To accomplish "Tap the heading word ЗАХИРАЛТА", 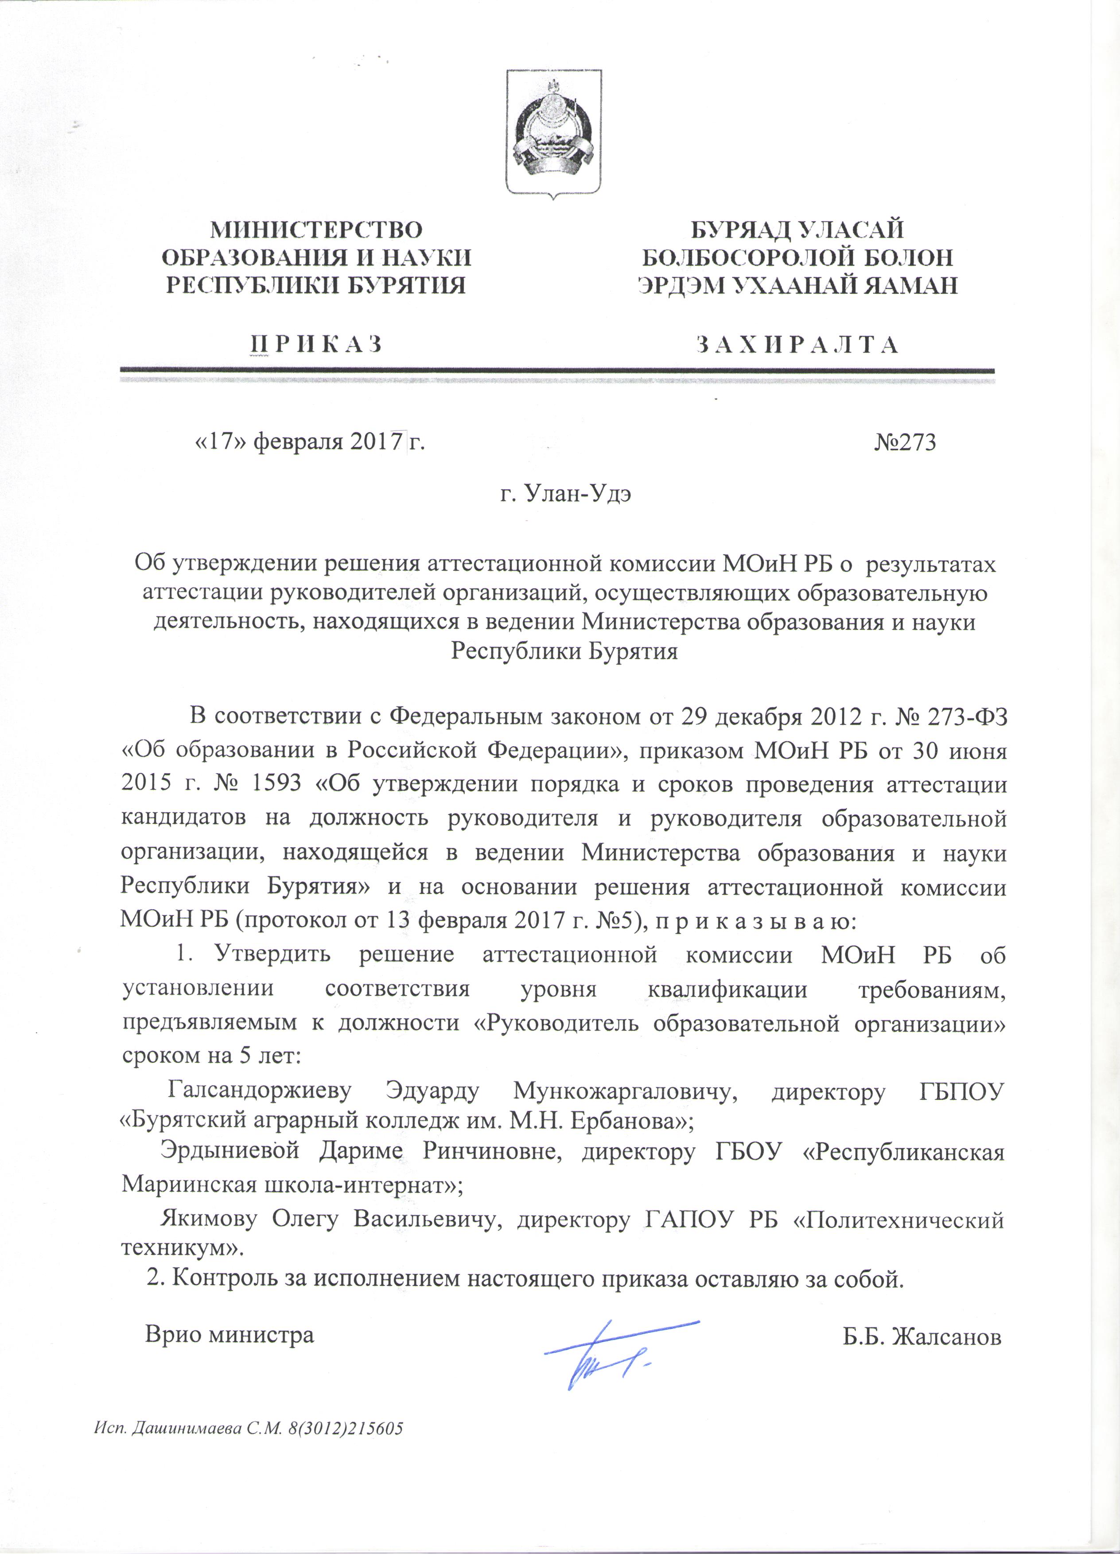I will pyautogui.click(x=797, y=344).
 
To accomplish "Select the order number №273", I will pyautogui.click(x=904, y=443).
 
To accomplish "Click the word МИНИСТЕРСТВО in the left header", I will pyautogui.click(x=316, y=230).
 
